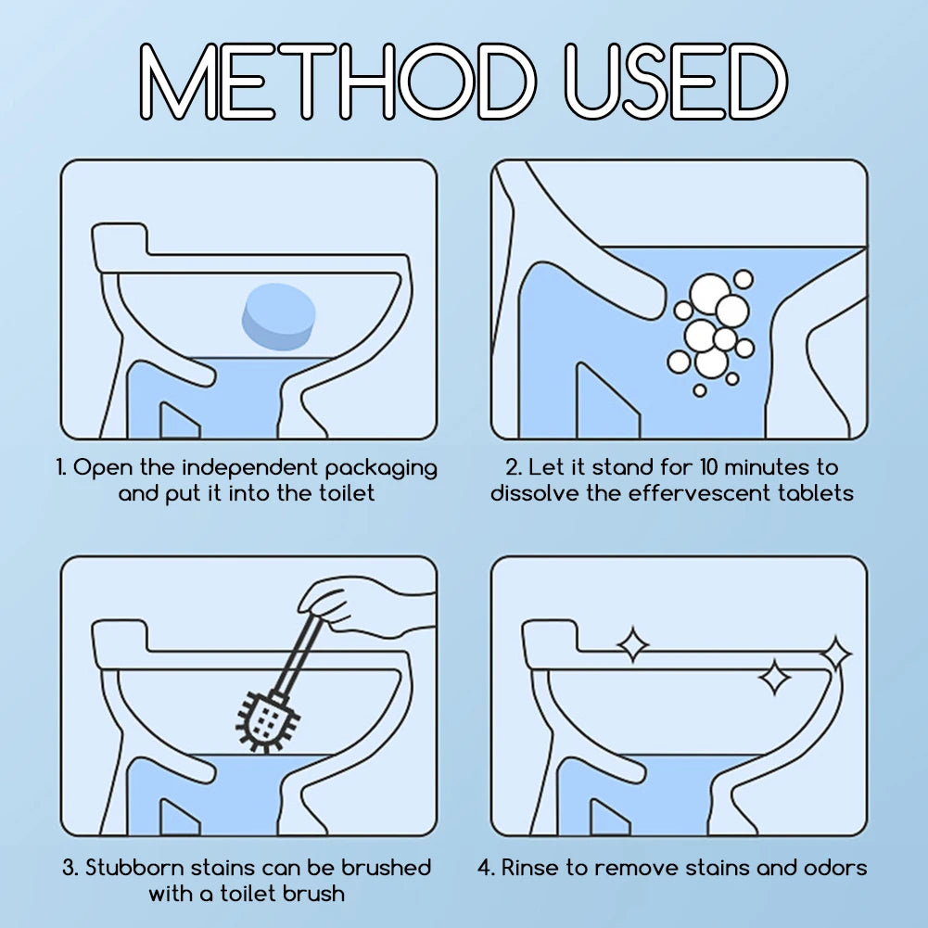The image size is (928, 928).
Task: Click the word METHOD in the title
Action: [338, 82]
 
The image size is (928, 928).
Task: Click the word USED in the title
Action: [675, 82]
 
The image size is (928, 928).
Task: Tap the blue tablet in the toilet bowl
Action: [278, 316]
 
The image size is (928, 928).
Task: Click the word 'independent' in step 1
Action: [250, 467]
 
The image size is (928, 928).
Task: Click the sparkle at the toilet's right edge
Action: [835, 654]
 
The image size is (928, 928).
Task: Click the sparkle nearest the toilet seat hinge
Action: [632, 644]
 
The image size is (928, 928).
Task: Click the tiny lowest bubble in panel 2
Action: [700, 390]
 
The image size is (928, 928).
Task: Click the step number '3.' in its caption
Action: [70, 868]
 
